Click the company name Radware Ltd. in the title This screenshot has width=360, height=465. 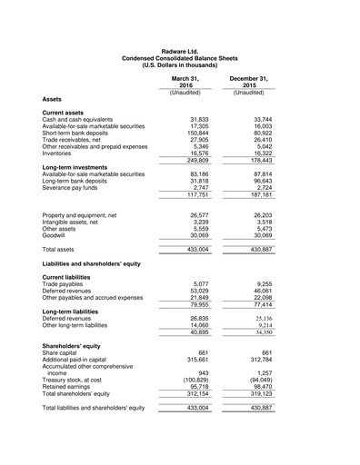[179, 52]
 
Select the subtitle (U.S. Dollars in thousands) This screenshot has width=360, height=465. [179, 65]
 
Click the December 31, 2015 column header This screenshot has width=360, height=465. [247, 83]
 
